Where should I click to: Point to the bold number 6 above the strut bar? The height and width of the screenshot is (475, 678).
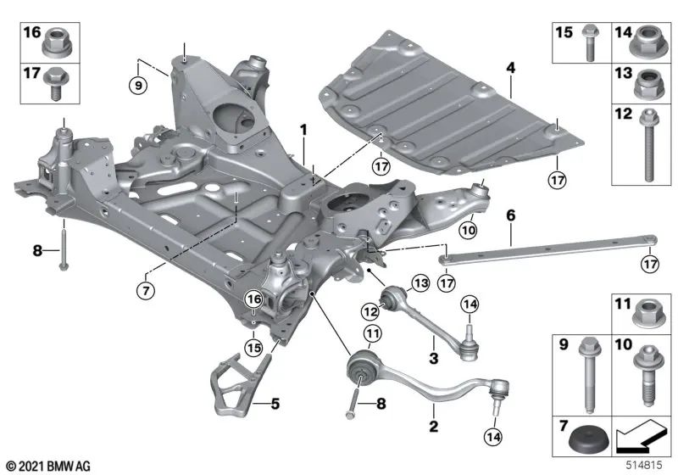[510, 217]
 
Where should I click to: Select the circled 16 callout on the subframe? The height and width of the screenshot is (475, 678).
[253, 299]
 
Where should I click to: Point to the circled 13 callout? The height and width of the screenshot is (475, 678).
[421, 282]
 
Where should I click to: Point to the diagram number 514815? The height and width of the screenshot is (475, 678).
[647, 467]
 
